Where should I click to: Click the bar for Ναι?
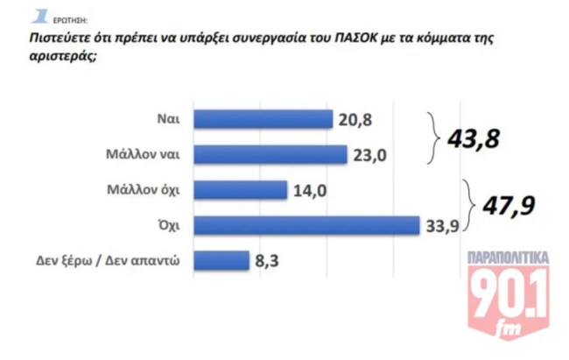262,120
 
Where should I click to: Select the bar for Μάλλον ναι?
270,155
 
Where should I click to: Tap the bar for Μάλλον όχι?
239,190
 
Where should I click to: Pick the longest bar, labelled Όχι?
306,225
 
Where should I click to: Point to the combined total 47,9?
502,208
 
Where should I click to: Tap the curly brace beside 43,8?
432,138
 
